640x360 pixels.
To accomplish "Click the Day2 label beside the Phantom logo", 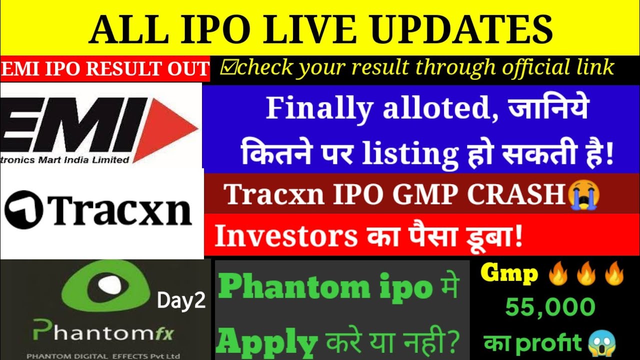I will tap(181, 301).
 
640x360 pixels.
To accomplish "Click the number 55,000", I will tap(550, 307).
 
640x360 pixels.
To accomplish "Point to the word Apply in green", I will tap(268, 342).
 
